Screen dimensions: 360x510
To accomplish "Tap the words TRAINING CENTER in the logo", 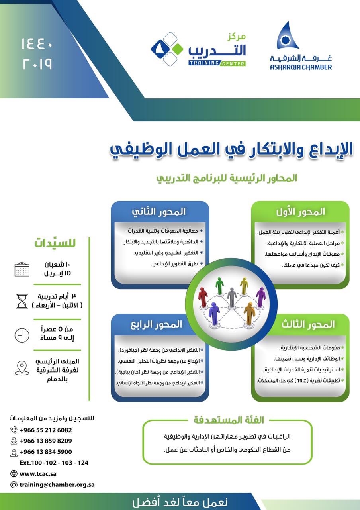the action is pyautogui.click(x=217, y=63).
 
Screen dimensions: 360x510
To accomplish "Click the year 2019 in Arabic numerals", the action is pyautogui.click(x=37, y=64).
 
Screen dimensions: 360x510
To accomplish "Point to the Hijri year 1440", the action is pyautogui.click(x=37, y=44).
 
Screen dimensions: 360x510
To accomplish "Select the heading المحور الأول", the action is pyautogui.click(x=300, y=212).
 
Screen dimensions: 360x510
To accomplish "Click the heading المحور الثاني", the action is pyautogui.click(x=158, y=212).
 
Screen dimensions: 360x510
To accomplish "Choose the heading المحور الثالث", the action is pyautogui.click(x=308, y=324).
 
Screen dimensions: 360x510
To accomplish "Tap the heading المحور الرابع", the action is pyautogui.click(x=156, y=324).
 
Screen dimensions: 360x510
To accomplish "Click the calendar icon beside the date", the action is pyautogui.click(x=22, y=269).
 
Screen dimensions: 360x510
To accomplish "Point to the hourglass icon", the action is pyautogui.click(x=22, y=301).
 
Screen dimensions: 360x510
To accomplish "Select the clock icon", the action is pyautogui.click(x=22, y=335).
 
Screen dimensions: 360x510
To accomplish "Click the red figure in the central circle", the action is pyautogui.click(x=203, y=298).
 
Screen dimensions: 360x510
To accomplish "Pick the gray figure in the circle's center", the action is pyautogui.click(x=232, y=297).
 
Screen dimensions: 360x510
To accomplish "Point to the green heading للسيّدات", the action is pyautogui.click(x=55, y=243).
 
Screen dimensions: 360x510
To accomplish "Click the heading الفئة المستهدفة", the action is pyautogui.click(x=229, y=420).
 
